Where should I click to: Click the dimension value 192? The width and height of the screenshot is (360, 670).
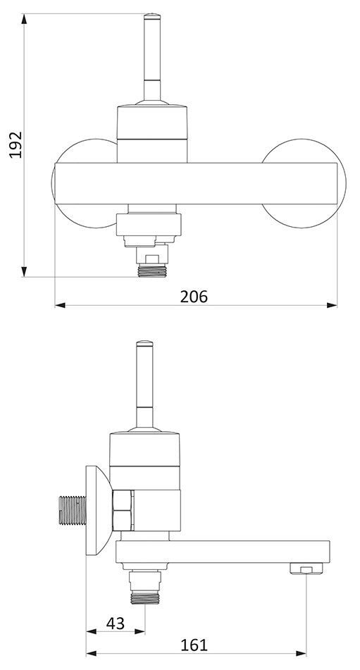point(15,145)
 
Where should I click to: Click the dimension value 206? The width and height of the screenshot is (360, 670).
point(194,296)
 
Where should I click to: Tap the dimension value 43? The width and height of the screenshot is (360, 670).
point(116,624)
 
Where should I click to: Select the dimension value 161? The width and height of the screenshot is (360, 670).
point(194,645)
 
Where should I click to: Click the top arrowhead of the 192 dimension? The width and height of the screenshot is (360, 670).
point(25,18)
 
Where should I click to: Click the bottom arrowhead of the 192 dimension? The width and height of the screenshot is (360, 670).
point(25,272)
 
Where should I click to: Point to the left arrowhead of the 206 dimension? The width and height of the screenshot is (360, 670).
point(60,305)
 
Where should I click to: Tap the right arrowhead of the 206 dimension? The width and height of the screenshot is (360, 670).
point(332,305)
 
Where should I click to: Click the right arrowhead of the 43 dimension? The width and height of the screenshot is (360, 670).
point(139,631)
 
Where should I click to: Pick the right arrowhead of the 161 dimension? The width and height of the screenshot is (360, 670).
point(301,653)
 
